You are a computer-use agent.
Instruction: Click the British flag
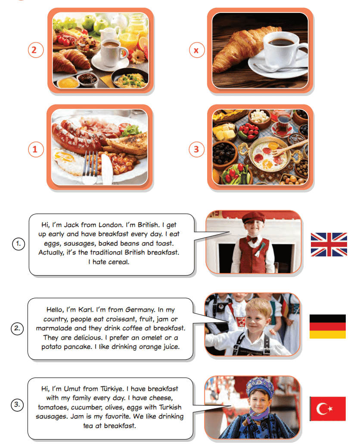pyautogui.click(x=329, y=244)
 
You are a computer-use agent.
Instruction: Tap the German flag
pyautogui.click(x=327, y=327)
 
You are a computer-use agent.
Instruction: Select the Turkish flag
pyautogui.click(x=328, y=409)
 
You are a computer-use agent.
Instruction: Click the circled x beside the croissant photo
pyautogui.click(x=196, y=50)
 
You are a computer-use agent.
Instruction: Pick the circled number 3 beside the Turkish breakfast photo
pyautogui.click(x=196, y=149)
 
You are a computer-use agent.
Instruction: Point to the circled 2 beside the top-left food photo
pyautogui.click(x=36, y=50)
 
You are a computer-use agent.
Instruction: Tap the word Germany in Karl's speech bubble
pyautogui.click(x=140, y=310)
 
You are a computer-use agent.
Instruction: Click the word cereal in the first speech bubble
pyautogui.click(x=119, y=262)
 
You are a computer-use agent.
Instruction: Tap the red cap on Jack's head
pyautogui.click(x=253, y=218)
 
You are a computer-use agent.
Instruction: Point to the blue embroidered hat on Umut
pyautogui.click(x=260, y=386)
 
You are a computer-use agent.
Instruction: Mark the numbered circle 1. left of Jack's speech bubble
pyautogui.click(x=19, y=244)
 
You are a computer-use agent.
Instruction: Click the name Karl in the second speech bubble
pyautogui.click(x=86, y=310)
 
